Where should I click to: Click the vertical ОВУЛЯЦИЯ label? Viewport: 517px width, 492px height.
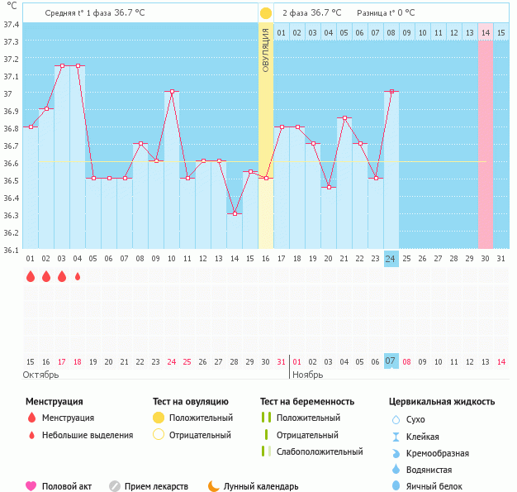point(265,50)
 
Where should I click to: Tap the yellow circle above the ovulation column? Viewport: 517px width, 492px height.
point(266,13)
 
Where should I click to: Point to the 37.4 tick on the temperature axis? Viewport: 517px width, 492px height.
point(11,24)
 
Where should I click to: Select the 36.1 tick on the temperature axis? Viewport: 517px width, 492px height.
point(11,250)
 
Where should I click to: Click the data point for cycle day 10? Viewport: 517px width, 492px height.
point(172,92)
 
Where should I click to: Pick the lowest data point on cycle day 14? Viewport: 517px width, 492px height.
point(235,213)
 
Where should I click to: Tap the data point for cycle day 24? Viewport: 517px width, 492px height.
point(391,92)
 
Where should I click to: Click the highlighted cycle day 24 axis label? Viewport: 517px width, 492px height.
point(391,259)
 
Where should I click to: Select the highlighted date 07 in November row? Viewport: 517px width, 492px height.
point(391,361)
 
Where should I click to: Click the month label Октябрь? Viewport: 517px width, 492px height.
point(41,375)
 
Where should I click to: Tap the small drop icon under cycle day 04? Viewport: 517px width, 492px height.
point(78,277)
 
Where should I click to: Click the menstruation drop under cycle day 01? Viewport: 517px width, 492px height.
point(31,277)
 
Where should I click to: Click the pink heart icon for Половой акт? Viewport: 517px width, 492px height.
point(31,486)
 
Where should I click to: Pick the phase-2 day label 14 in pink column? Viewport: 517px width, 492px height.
point(486,32)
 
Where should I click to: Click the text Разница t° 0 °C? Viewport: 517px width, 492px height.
point(386,13)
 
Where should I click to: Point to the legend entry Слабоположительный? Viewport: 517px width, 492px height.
point(320,451)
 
